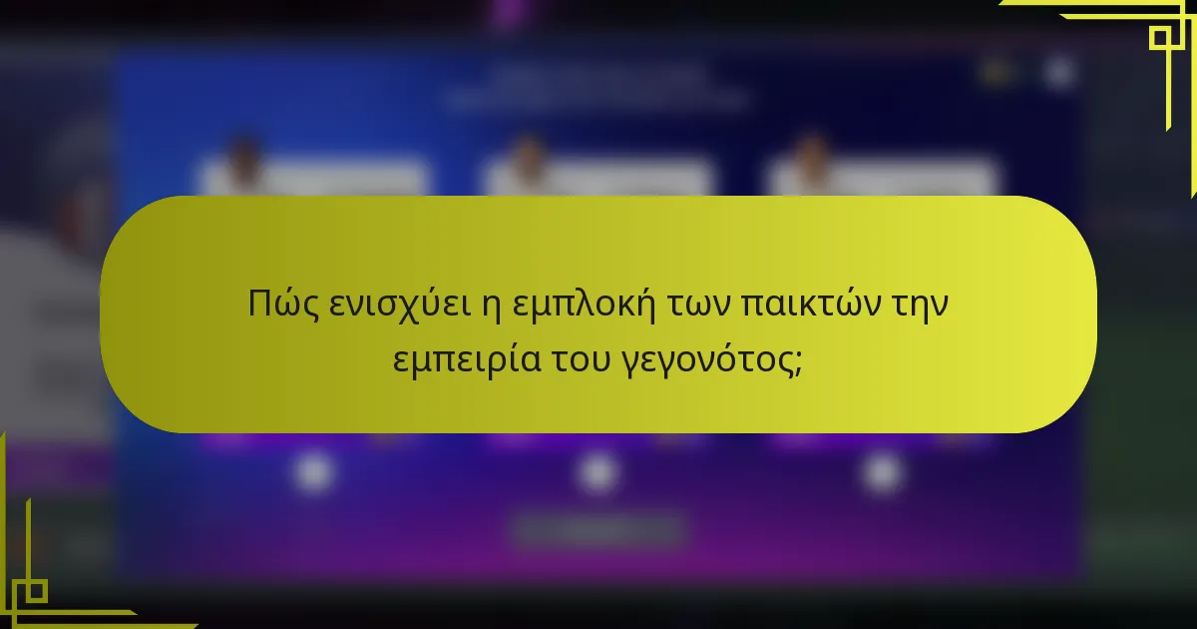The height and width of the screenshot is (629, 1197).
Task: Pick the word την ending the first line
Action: (916, 305)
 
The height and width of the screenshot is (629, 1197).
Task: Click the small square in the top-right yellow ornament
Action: (1160, 38)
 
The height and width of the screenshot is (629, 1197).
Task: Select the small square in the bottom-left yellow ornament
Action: (35, 590)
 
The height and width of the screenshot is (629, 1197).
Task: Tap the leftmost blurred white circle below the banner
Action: (314, 471)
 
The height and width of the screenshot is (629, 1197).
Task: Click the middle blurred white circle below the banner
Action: (598, 471)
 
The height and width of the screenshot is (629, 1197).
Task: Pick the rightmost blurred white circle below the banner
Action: (882, 471)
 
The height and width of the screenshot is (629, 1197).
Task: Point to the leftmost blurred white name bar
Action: (314, 179)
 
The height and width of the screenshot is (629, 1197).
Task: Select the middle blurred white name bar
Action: (598, 179)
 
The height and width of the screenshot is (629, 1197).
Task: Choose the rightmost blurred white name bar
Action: (883, 179)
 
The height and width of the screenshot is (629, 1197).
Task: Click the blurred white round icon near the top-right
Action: (1059, 71)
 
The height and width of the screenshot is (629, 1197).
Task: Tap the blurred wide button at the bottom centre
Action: (598, 530)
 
